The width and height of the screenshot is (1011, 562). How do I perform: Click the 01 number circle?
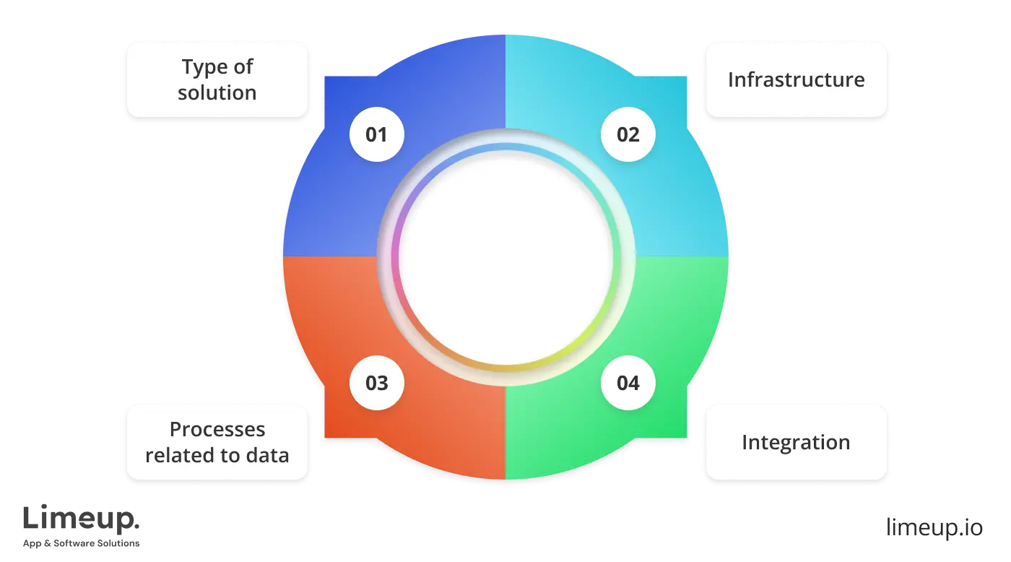point(376,135)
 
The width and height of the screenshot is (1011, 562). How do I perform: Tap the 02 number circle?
point(628,135)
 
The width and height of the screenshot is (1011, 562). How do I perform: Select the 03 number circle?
point(376,383)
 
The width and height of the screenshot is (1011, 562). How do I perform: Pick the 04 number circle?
point(628,383)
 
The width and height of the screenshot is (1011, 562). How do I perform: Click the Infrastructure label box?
point(796,79)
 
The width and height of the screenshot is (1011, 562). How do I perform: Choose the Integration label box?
point(796,442)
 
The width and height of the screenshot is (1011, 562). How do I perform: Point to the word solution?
point(217,93)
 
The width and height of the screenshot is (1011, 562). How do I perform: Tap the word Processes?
point(217,430)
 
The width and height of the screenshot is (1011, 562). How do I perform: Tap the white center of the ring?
point(506,256)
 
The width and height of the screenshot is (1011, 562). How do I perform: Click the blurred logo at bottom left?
point(82,524)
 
